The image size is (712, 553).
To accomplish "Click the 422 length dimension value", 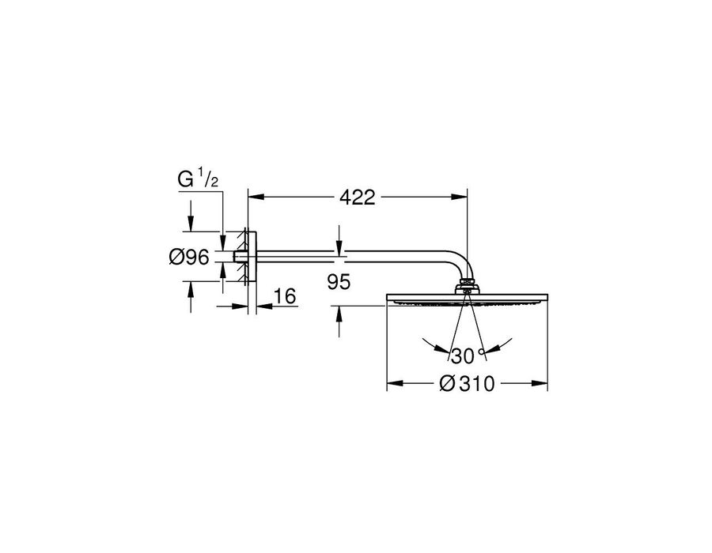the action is (x=358, y=197).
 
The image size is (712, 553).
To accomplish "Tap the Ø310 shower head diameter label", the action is (x=467, y=384).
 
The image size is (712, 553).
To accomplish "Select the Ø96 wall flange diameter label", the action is (x=189, y=257).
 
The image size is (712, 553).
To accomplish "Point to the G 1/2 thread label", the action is (x=199, y=179).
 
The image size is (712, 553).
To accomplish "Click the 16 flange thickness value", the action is (x=285, y=296).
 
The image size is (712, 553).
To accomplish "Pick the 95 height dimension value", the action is (x=339, y=282).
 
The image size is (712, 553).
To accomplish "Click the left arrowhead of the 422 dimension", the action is (x=256, y=197).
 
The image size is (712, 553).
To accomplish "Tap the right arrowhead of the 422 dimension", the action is (x=459, y=197).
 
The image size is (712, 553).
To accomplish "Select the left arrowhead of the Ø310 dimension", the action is (x=395, y=383).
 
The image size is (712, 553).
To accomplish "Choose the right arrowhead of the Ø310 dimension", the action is (x=540, y=383).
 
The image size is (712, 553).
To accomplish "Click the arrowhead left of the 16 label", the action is (x=240, y=306).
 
